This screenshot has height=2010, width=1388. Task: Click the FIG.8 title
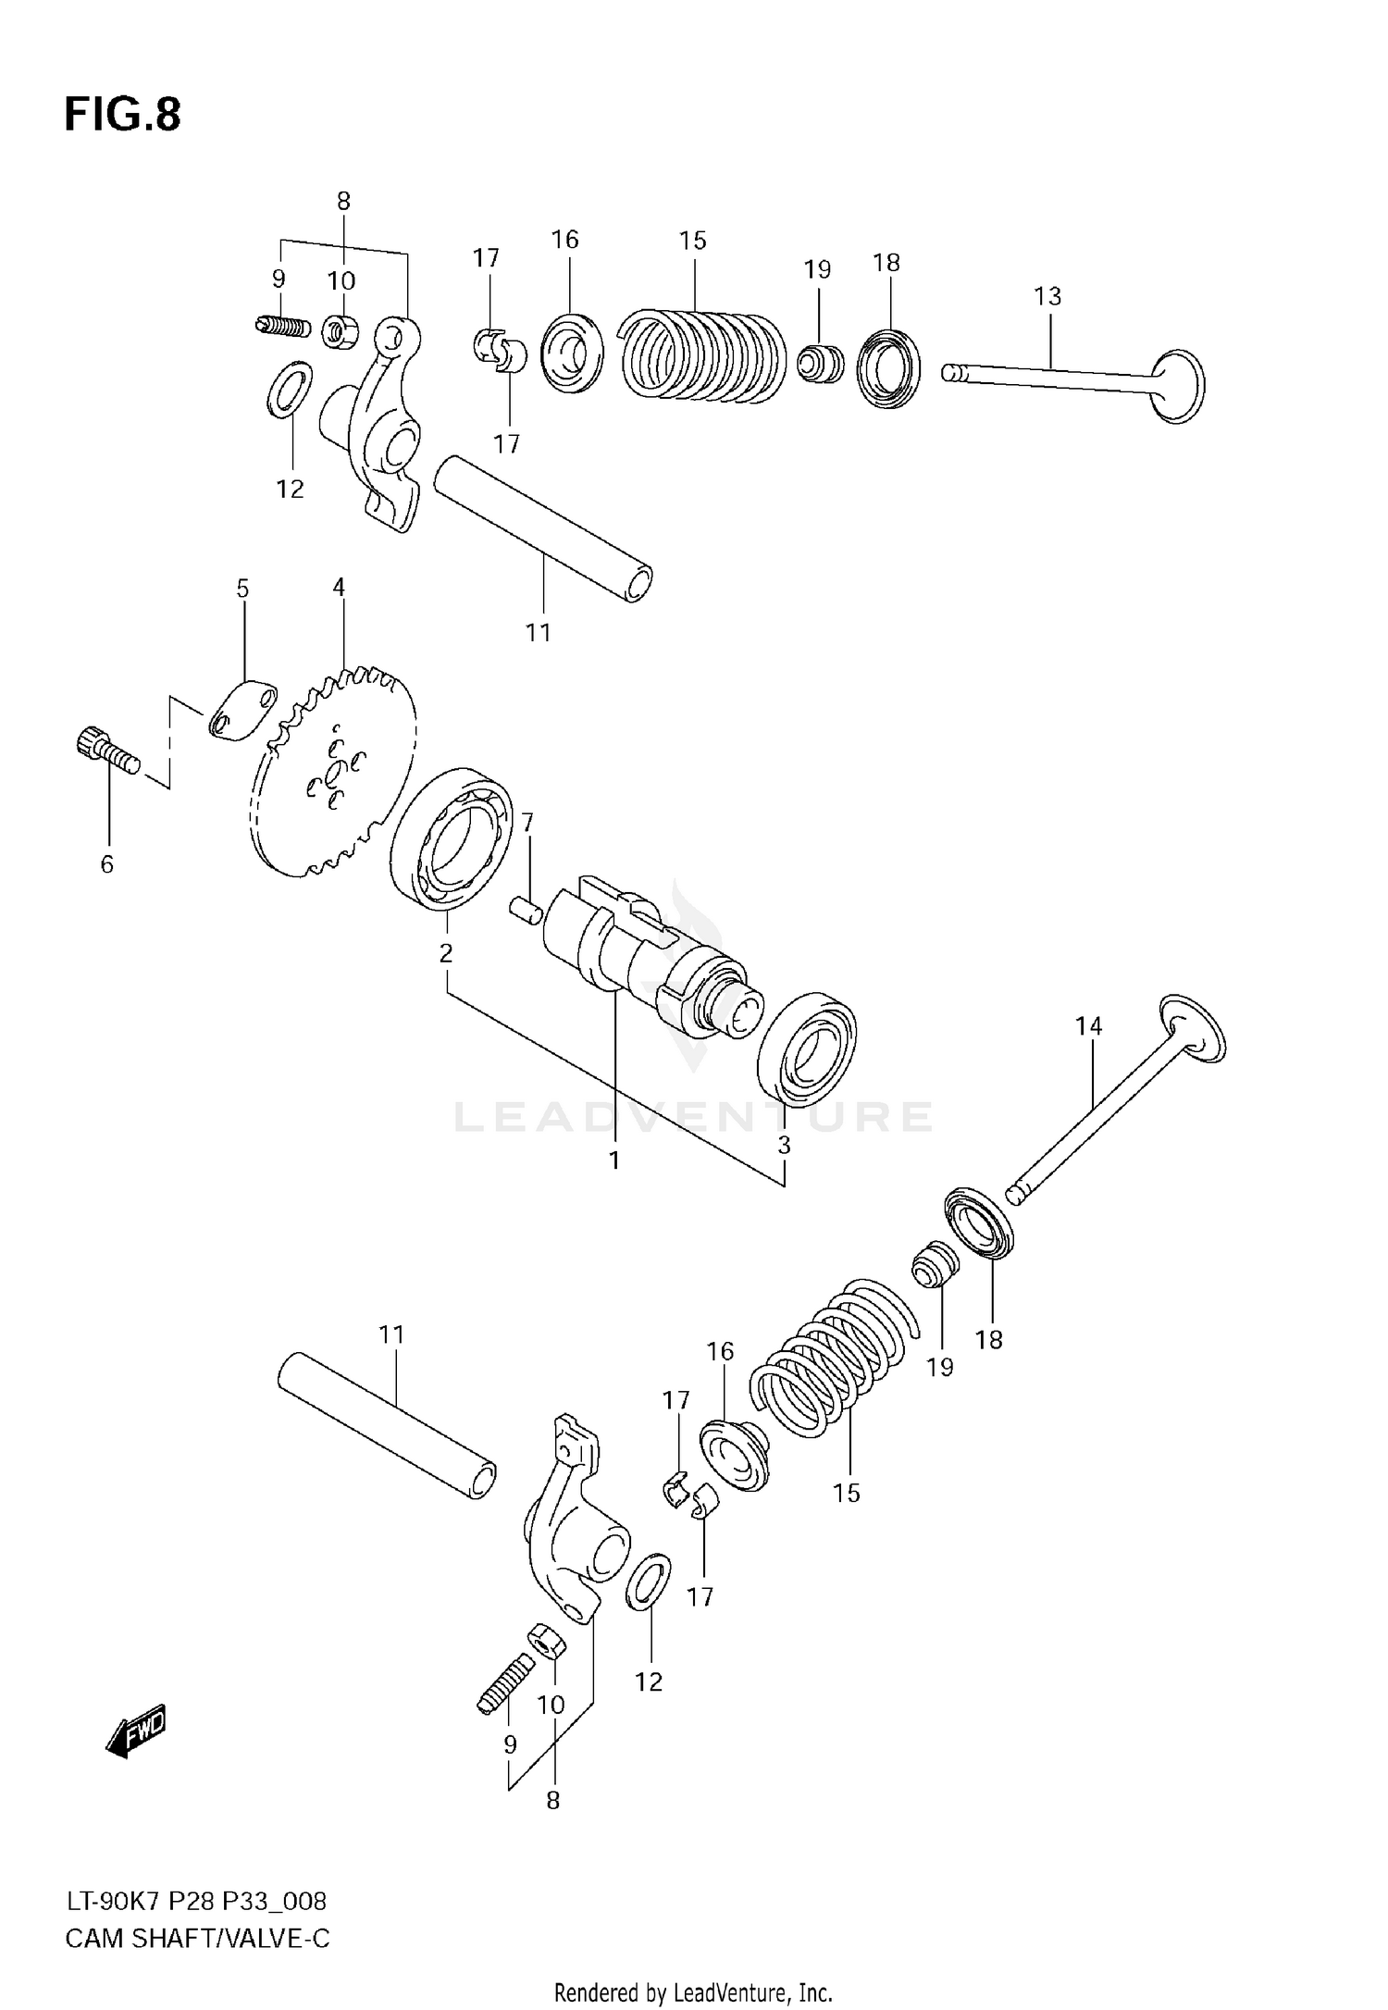(x=122, y=115)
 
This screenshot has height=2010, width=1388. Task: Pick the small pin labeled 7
(x=527, y=909)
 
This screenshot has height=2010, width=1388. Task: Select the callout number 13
(x=1047, y=296)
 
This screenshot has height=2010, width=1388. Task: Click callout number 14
(x=1089, y=1025)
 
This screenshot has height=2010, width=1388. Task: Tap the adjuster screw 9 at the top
(x=281, y=326)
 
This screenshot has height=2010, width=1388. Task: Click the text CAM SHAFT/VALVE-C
(x=197, y=1938)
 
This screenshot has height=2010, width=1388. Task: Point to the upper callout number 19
(x=817, y=270)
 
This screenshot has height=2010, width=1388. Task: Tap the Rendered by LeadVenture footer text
(x=693, y=1991)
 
